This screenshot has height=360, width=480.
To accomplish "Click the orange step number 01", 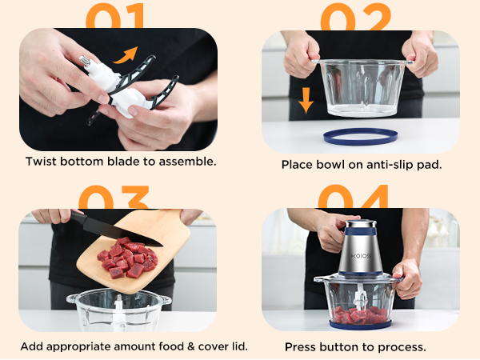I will tap(116, 14).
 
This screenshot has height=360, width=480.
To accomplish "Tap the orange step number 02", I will tap(356, 14).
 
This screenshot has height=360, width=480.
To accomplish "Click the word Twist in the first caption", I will tap(42, 162).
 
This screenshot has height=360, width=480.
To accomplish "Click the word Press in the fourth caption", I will tap(302, 347).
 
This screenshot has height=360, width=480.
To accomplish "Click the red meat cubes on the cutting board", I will tap(126, 258).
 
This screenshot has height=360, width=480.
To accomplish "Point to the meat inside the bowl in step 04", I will tap(360, 314).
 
